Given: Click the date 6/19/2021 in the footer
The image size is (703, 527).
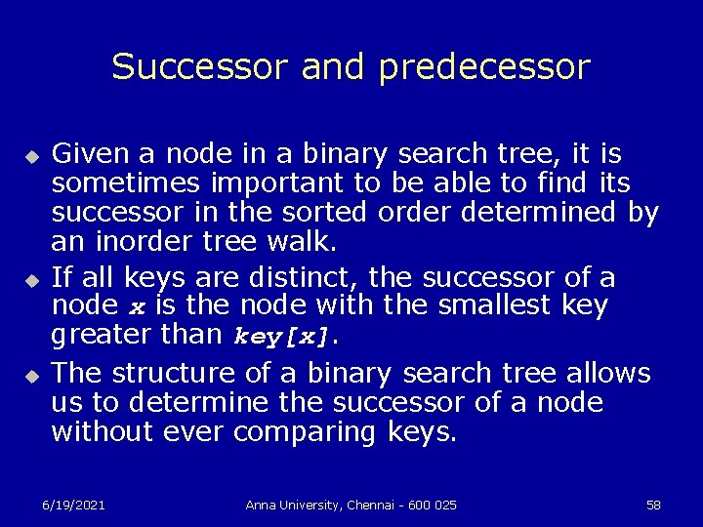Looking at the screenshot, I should pos(74,505).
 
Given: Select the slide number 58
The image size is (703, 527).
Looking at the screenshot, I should pos(653,505).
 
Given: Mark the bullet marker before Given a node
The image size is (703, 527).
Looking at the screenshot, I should pos(30,156).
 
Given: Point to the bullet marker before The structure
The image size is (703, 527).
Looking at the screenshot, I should pos(30,376).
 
